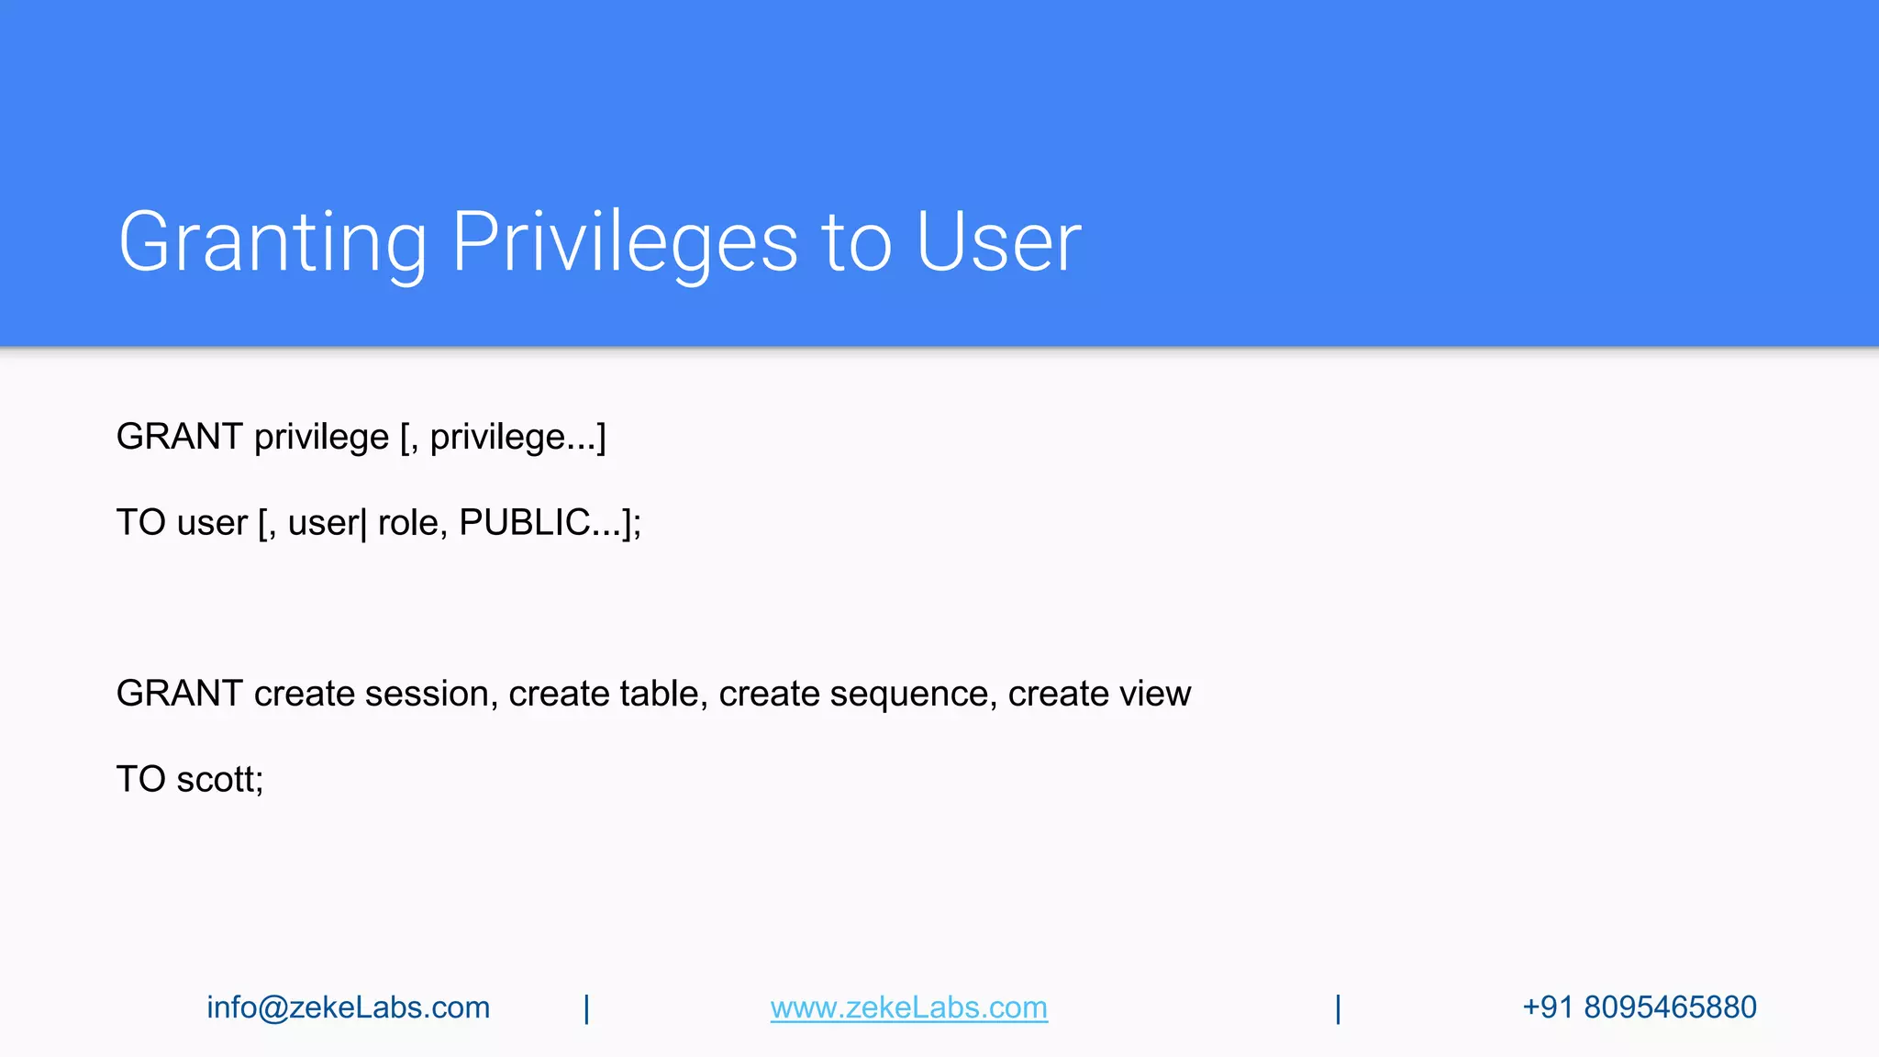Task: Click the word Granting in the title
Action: (272, 242)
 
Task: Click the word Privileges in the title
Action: (625, 242)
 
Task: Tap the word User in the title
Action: (998, 242)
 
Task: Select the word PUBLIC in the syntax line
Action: (524, 522)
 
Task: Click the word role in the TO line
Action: (407, 522)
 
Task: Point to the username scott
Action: (219, 779)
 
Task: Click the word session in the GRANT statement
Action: (430, 694)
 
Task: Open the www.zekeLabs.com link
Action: (908, 1007)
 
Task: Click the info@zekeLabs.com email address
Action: (348, 1007)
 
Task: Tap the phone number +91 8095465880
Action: (1639, 1007)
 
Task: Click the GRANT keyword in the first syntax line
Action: (179, 437)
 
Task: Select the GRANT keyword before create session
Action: (179, 694)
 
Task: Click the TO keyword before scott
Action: (140, 779)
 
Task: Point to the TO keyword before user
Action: (140, 522)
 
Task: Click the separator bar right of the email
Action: (586, 1008)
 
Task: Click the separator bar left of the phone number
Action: (1338, 1008)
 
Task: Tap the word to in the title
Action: (858, 242)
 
